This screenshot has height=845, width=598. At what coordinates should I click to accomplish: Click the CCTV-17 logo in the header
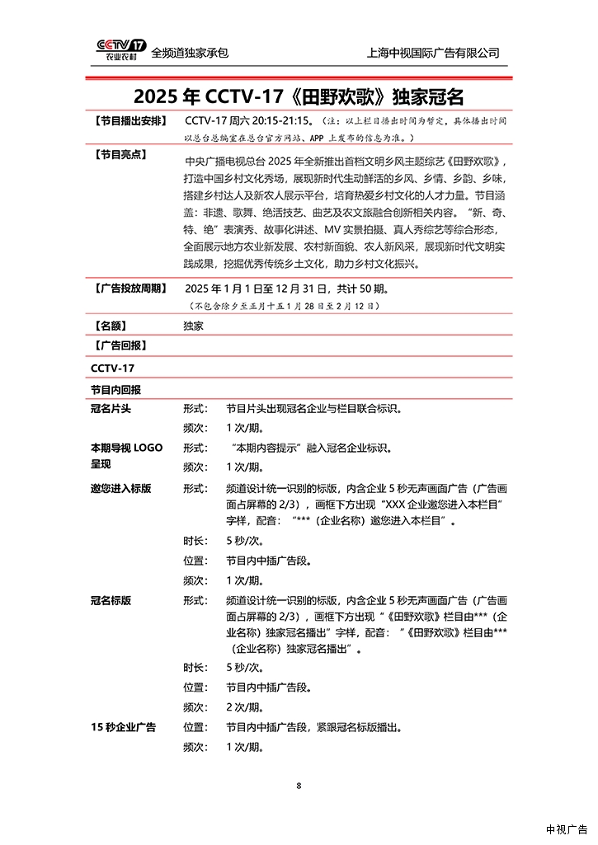click(121, 50)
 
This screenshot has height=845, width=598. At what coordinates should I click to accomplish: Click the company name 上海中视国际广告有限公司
click(433, 53)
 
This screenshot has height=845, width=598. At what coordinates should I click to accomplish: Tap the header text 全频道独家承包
click(190, 53)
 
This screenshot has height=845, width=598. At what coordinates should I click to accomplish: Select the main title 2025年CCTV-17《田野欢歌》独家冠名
click(299, 95)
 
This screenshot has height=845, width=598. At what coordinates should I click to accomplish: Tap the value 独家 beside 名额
click(194, 326)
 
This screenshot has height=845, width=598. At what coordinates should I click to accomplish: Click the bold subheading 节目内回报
click(115, 388)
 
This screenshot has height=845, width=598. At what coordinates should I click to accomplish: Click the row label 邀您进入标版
click(121, 488)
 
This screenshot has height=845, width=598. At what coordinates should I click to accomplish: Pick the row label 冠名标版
click(111, 600)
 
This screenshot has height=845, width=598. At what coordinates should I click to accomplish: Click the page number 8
click(299, 785)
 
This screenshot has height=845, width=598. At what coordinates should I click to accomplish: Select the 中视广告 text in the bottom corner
click(566, 829)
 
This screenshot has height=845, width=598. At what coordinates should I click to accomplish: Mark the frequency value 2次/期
click(245, 707)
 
